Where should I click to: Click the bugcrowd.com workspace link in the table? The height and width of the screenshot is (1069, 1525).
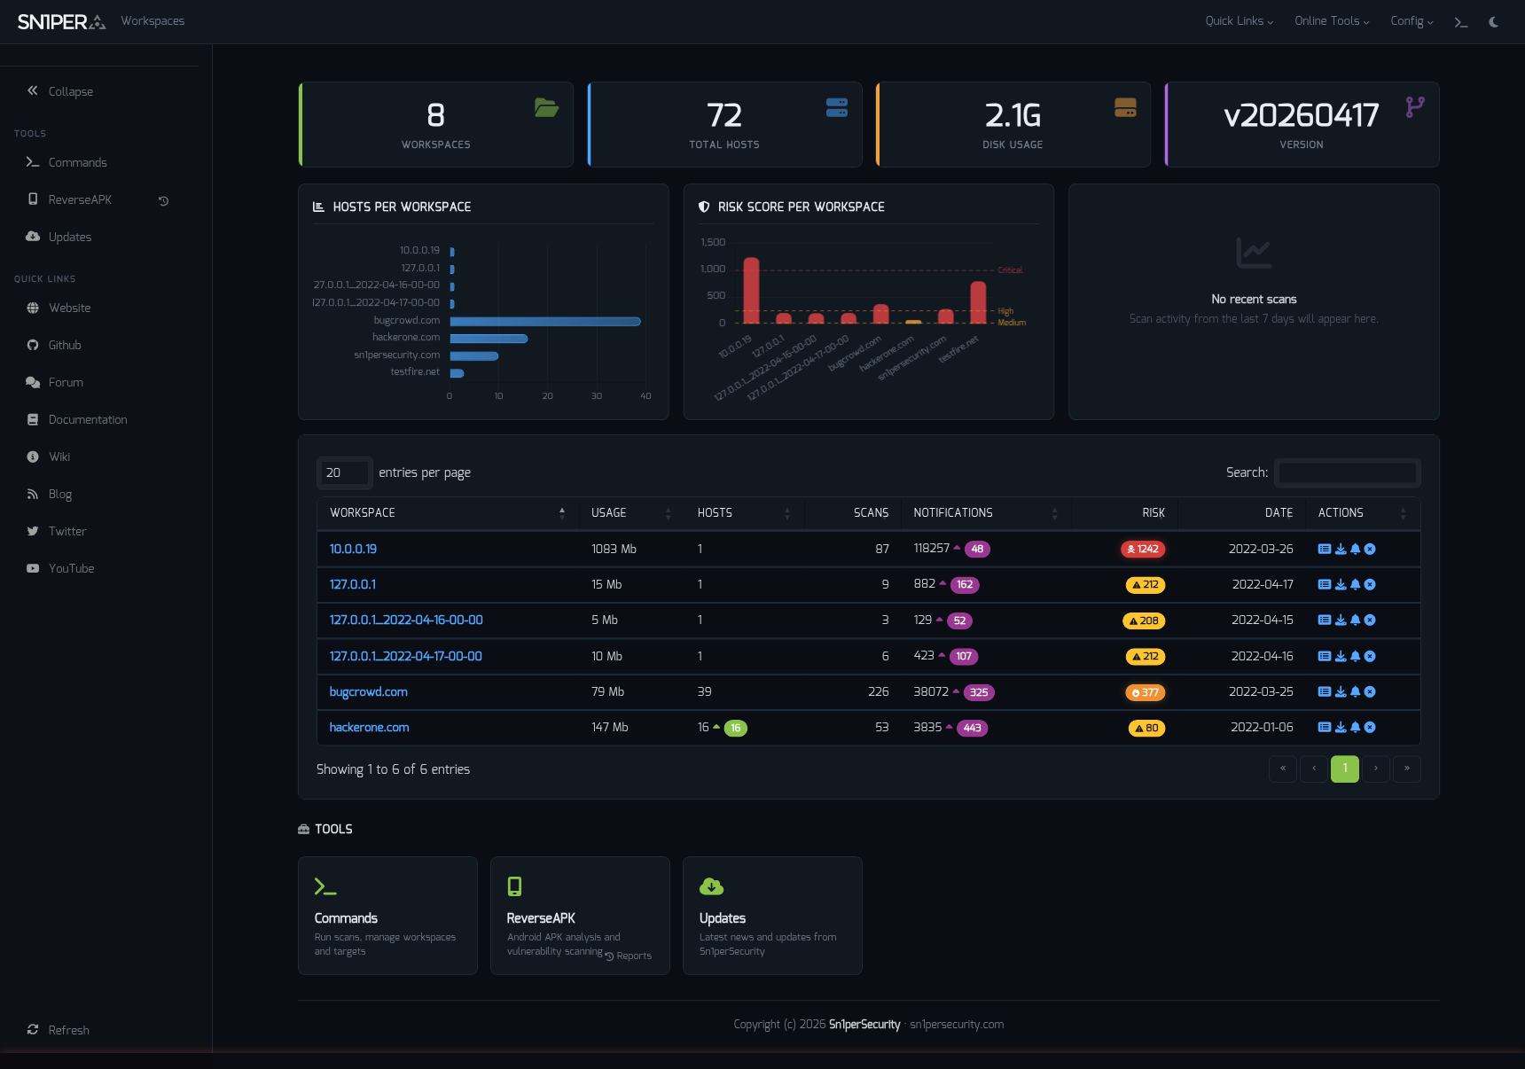point(368,692)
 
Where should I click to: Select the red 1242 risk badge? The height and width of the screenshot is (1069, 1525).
point(1143,550)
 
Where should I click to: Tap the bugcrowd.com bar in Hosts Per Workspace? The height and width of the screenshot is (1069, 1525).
point(544,322)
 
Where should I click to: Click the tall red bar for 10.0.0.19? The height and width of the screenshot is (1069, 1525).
point(751,291)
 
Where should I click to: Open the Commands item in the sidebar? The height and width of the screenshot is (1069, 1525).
point(77,163)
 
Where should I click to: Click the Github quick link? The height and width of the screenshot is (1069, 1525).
point(64,346)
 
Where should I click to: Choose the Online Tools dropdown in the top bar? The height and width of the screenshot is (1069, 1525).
point(1331,21)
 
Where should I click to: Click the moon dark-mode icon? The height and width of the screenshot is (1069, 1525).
point(1494,22)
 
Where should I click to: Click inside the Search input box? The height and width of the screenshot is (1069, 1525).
point(1347,473)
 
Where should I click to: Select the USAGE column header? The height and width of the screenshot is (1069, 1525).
point(609,513)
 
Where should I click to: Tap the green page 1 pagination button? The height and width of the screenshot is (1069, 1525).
point(1344,769)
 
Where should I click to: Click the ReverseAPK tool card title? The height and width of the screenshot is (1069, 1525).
point(541,918)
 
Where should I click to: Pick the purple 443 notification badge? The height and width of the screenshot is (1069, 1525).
point(972,729)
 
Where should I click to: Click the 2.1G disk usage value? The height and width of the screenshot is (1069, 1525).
point(1013,116)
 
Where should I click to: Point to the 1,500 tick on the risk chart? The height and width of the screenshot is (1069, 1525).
point(713,243)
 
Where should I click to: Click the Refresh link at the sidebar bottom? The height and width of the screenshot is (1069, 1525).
point(68,1030)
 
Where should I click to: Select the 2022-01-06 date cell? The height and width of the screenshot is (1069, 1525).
point(1261,728)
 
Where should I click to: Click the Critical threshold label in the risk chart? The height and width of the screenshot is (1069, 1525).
point(1010,270)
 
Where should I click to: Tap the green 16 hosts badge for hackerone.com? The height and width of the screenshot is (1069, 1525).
point(735,729)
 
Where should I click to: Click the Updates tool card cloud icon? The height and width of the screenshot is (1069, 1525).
point(711,886)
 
